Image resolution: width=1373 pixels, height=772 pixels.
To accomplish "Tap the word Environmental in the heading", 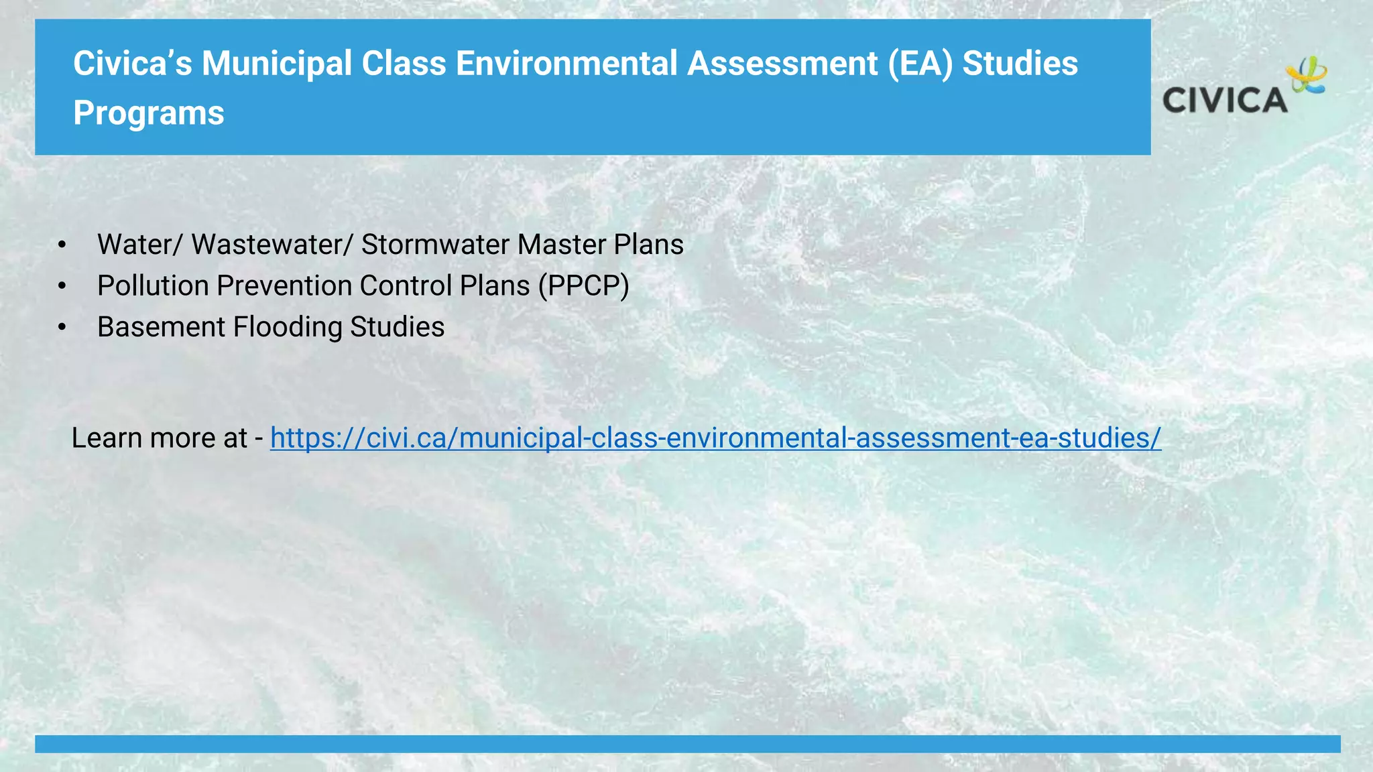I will pyautogui.click(x=566, y=64).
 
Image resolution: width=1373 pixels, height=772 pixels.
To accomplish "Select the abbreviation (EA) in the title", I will pyautogui.click(x=920, y=64).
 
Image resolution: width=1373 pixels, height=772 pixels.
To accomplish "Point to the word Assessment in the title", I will pyautogui.click(x=782, y=64).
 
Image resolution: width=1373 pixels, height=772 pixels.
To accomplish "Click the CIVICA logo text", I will pyautogui.click(x=1224, y=101).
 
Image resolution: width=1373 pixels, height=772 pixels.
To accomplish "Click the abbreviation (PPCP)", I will pyautogui.click(x=583, y=286).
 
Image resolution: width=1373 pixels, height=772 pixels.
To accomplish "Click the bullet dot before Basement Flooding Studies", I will pyautogui.click(x=62, y=328).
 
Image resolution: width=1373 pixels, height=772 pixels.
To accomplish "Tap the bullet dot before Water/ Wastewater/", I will pyautogui.click(x=62, y=245).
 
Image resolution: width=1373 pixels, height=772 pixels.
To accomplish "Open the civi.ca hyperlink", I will pyautogui.click(x=715, y=438).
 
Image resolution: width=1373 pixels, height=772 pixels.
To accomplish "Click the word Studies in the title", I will pyautogui.click(x=1020, y=64).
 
